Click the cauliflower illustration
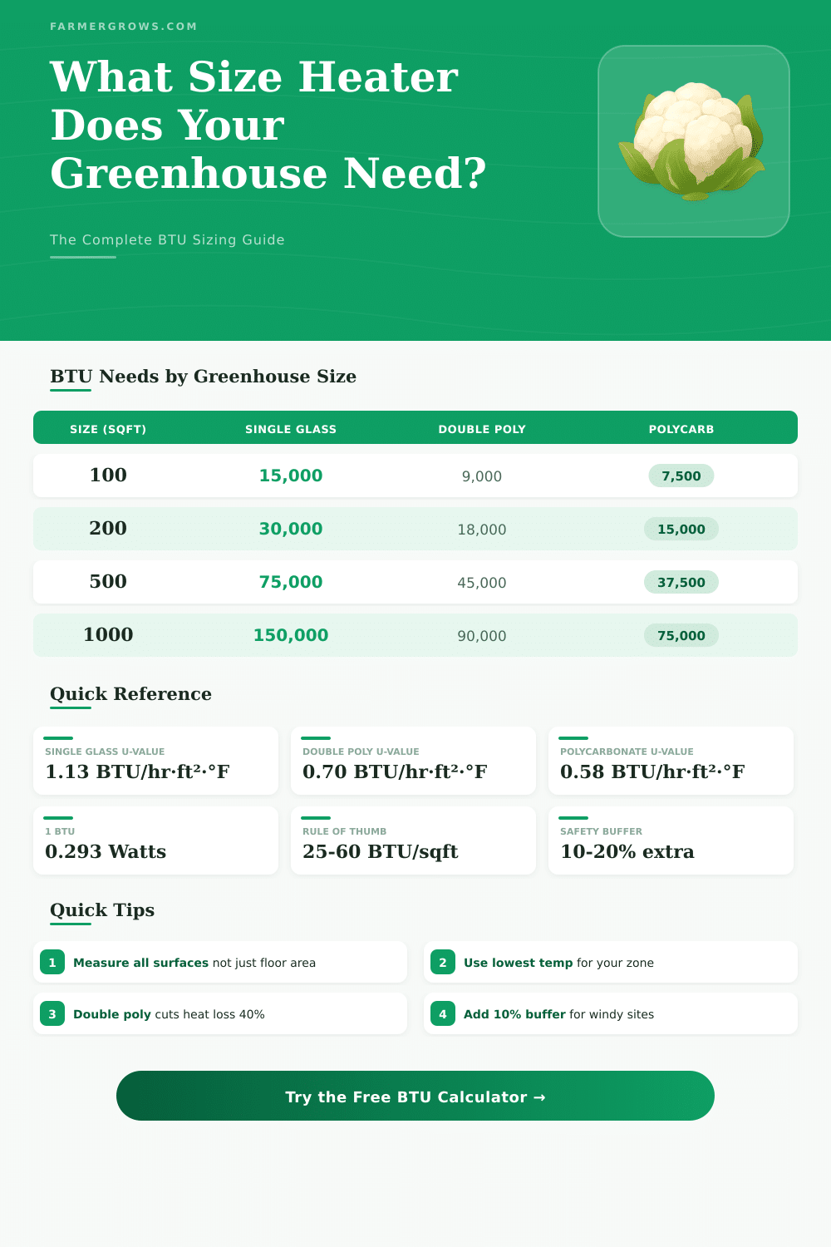point(693,140)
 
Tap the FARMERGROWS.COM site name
point(124,27)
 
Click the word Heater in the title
point(378,77)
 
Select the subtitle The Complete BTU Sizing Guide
point(167,239)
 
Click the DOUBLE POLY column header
point(482,429)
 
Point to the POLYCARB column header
point(681,429)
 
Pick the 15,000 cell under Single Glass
point(291,476)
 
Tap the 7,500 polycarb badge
point(681,476)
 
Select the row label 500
point(108,582)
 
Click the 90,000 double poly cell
point(482,636)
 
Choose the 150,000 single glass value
point(291,635)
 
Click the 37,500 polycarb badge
point(681,582)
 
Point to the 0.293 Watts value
point(106,851)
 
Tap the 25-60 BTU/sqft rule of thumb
point(381,851)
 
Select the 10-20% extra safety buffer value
point(627,851)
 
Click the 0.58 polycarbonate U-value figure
point(652,771)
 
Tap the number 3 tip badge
point(52,1013)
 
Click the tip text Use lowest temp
point(518,963)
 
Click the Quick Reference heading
point(130,694)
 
